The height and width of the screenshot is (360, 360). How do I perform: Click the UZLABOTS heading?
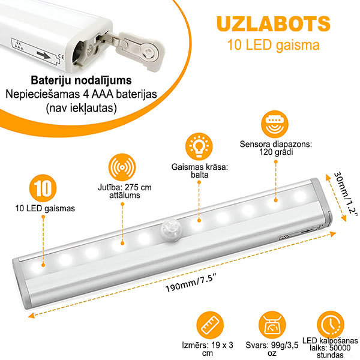pyautogui.click(x=273, y=24)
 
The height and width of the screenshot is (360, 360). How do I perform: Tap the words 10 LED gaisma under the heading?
pyautogui.click(x=273, y=45)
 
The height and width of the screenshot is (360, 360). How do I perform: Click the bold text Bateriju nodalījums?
pyautogui.click(x=81, y=80)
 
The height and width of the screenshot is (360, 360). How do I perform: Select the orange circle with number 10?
pyautogui.click(x=43, y=188)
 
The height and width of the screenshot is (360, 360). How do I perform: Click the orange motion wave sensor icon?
pyautogui.click(x=122, y=167)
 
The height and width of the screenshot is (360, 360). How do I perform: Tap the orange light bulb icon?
pyautogui.click(x=199, y=147)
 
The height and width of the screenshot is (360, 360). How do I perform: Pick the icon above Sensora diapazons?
pyautogui.click(x=275, y=124)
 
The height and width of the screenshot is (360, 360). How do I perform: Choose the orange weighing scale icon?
pyautogui.click(x=272, y=325)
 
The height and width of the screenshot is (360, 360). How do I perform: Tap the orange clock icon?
pyautogui.click(x=331, y=325)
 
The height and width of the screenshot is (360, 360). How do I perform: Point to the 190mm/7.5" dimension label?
pyautogui.click(x=191, y=284)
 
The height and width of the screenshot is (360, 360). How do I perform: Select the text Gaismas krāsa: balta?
pyautogui.click(x=200, y=171)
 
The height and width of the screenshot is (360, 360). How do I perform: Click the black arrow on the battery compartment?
pyautogui.click(x=44, y=55)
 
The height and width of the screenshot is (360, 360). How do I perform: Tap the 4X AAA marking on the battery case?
pyautogui.click(x=19, y=46)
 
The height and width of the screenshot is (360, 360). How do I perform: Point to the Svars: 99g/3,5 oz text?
pyautogui.click(x=272, y=349)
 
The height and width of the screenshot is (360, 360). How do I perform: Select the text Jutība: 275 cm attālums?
pyautogui.click(x=125, y=191)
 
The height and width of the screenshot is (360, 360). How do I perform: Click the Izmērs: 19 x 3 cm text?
pyautogui.click(x=208, y=349)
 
